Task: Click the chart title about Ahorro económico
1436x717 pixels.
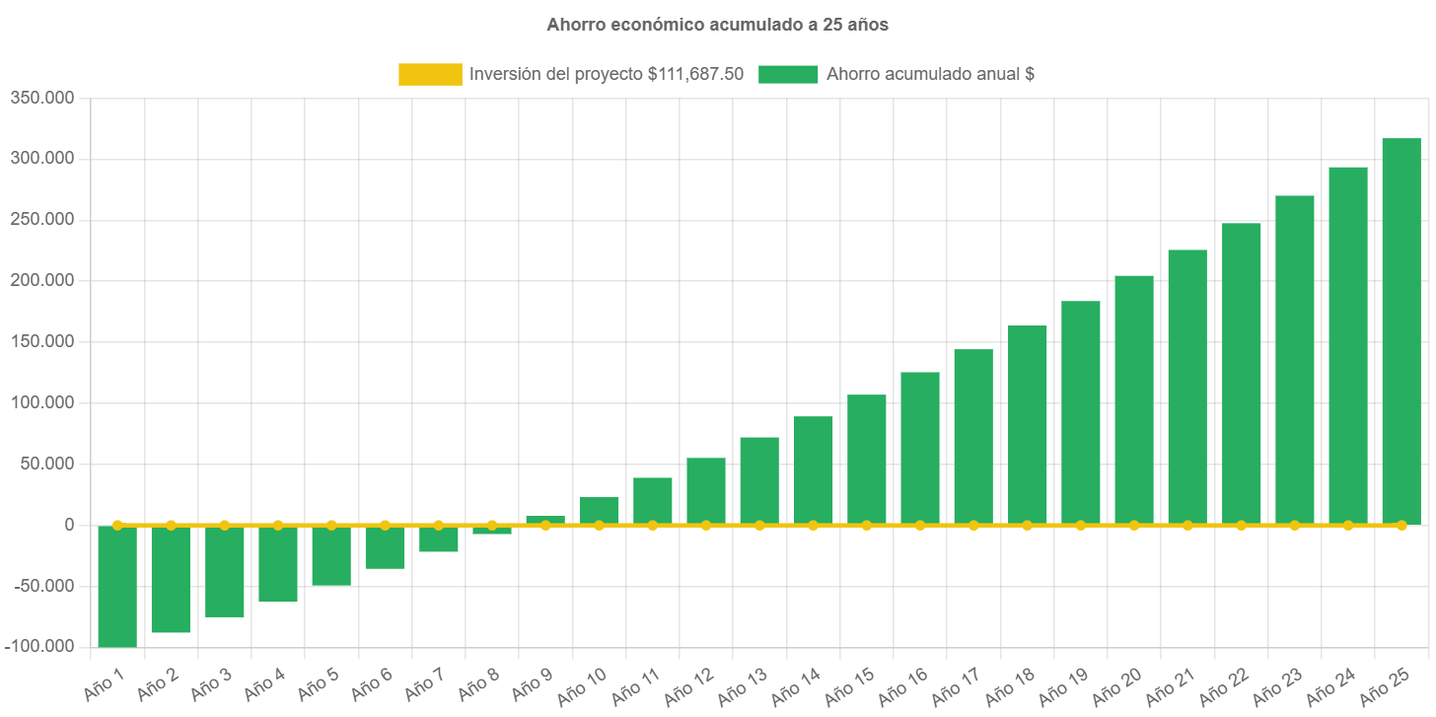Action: [x=717, y=26]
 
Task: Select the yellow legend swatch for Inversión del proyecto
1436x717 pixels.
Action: [x=430, y=74]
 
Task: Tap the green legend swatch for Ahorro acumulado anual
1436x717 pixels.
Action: [x=788, y=74]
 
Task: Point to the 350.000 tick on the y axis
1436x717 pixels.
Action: [x=42, y=98]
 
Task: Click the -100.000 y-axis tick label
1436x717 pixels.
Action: [x=39, y=646]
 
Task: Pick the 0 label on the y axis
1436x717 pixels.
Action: [x=69, y=524]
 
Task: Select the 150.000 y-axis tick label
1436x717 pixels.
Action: [x=42, y=341]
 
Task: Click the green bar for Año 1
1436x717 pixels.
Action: [x=117, y=586]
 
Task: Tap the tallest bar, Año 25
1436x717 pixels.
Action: [x=1400, y=330]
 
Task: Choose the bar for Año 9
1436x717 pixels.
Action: [x=545, y=520]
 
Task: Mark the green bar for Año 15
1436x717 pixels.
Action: [x=866, y=459]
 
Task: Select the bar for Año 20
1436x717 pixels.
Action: [x=1133, y=399]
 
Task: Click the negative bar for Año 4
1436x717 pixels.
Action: [x=278, y=563]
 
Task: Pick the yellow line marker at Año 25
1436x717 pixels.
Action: [x=1400, y=526]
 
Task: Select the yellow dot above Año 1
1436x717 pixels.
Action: [x=117, y=526]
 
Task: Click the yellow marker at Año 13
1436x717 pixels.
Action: [x=759, y=526]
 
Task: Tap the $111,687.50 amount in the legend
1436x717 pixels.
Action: [x=695, y=74]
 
